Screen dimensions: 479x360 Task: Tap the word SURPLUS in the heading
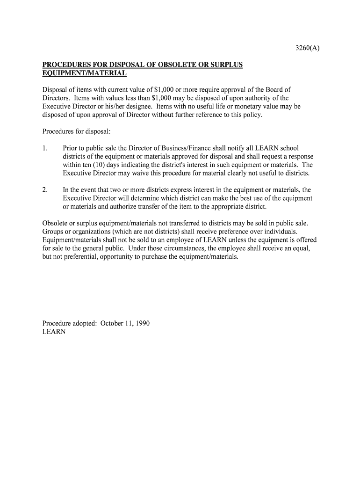(x=227, y=65)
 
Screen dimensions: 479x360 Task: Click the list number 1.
(x=45, y=148)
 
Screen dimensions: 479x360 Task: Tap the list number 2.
(x=45, y=190)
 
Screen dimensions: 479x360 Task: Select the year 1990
(x=142, y=323)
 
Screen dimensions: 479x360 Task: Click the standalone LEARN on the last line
(x=54, y=332)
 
